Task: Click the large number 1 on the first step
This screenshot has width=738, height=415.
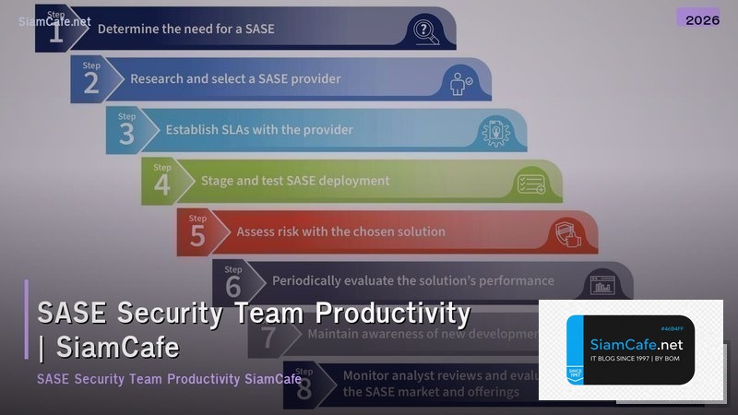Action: (56, 34)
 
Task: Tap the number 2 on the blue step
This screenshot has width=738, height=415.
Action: (91, 84)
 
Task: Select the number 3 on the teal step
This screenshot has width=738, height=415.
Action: (126, 135)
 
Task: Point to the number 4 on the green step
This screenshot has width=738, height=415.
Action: (162, 184)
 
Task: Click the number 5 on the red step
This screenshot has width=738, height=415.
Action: (197, 235)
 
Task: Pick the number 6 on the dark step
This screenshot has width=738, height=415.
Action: (233, 286)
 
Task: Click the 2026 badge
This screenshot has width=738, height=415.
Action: (703, 18)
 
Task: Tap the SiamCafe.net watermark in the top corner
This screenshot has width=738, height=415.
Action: (54, 20)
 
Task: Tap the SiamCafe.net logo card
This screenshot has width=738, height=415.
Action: (630, 350)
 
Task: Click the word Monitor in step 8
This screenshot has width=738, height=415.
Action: (367, 375)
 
